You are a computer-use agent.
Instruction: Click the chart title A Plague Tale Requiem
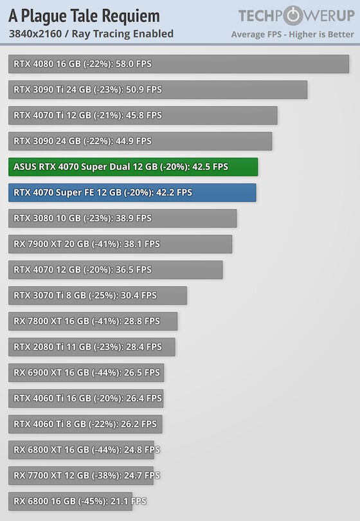tap(84, 16)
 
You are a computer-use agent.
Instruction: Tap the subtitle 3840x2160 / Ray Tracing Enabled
tap(91, 34)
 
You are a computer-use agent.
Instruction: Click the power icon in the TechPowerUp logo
tap(292, 15)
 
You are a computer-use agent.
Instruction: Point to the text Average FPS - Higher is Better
tap(292, 35)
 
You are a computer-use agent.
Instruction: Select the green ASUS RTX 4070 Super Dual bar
tap(133, 167)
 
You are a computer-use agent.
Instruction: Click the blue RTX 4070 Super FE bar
tap(132, 193)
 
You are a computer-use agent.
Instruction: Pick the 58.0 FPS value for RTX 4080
tap(134, 64)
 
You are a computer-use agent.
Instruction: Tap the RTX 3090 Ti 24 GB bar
tap(157, 89)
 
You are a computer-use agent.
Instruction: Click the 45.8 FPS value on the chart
tap(144, 115)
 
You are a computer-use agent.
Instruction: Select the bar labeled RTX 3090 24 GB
tap(140, 142)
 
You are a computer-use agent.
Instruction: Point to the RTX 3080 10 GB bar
tap(123, 218)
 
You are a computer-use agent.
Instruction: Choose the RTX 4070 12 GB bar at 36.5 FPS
tap(116, 270)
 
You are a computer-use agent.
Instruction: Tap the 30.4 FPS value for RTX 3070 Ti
tap(138, 295)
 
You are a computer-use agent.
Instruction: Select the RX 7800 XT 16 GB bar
tap(93, 322)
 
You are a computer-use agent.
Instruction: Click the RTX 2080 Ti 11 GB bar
tap(92, 347)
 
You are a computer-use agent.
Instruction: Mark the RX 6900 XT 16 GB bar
tap(86, 373)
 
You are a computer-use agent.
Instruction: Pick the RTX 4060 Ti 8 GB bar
tap(85, 425)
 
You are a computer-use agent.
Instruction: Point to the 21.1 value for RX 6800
tap(119, 501)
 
